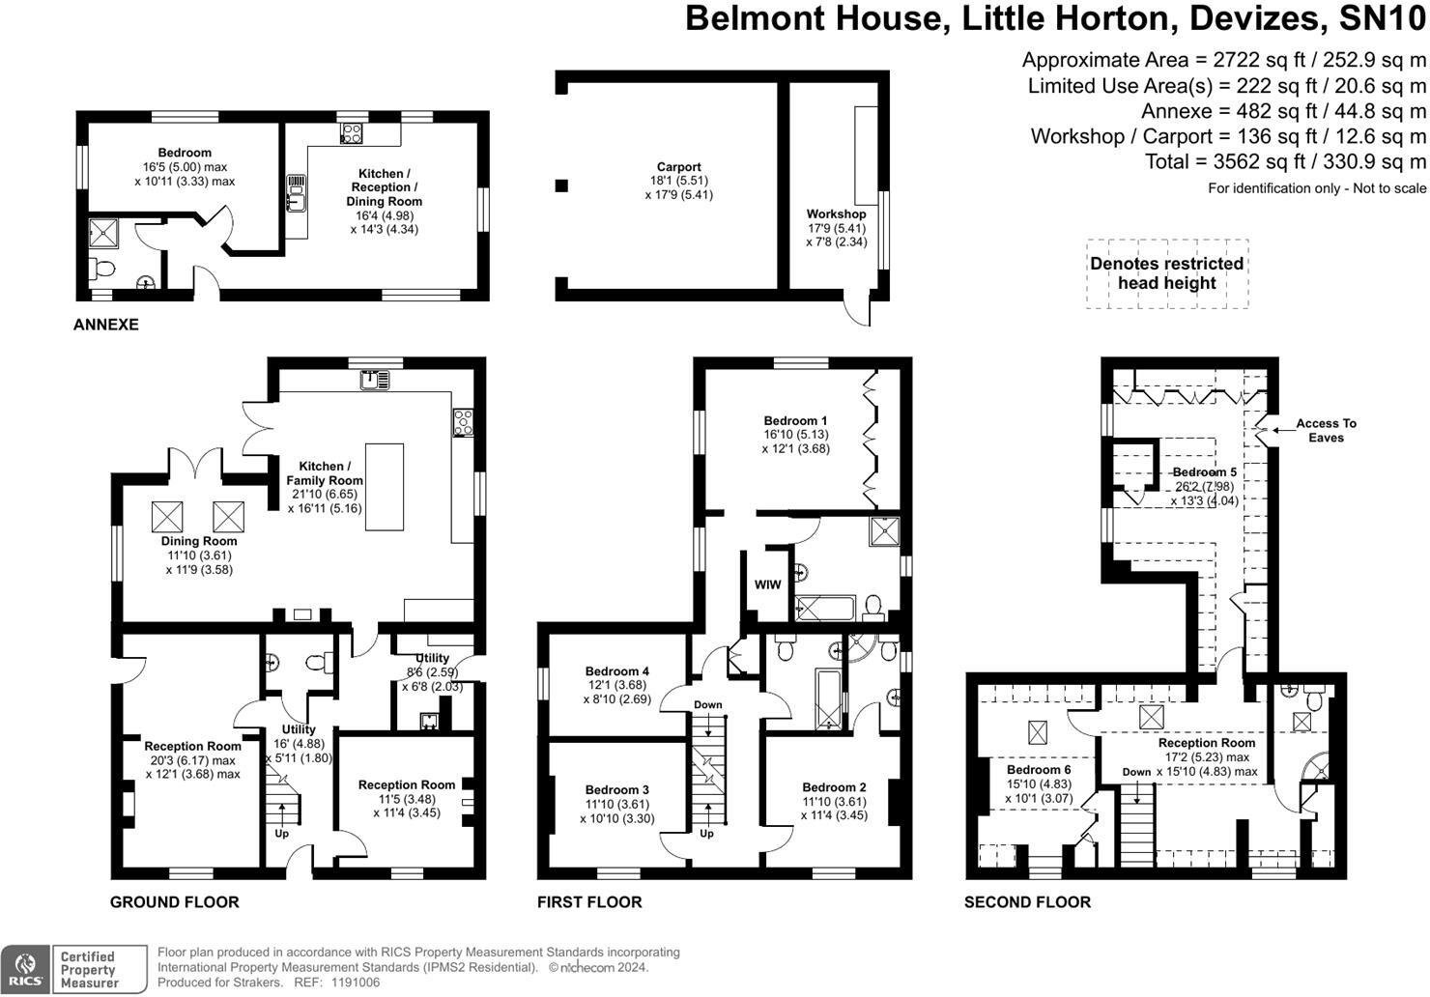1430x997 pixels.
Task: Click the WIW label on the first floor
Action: pyautogui.click(x=767, y=584)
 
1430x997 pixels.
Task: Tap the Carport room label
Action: pyautogui.click(x=678, y=167)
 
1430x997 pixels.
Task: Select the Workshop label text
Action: pyautogui.click(x=836, y=214)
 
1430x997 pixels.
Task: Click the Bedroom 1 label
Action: pyautogui.click(x=795, y=421)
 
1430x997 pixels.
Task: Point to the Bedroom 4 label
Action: pyautogui.click(x=616, y=671)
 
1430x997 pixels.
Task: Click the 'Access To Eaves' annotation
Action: pyautogui.click(x=1326, y=430)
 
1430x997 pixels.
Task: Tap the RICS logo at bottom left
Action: pyautogui.click(x=25, y=969)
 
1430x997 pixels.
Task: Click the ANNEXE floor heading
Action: pyautogui.click(x=105, y=325)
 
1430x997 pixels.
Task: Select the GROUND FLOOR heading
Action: pyautogui.click(x=174, y=902)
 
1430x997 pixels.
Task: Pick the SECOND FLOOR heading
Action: pyautogui.click(x=1027, y=902)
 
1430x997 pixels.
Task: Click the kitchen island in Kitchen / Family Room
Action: pyautogui.click(x=384, y=487)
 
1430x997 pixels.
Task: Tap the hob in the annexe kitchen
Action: pyautogui.click(x=351, y=133)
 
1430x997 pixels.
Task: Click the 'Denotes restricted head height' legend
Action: pyautogui.click(x=1166, y=273)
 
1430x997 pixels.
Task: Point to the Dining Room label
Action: pyautogui.click(x=199, y=541)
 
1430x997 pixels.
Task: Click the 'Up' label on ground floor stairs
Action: pyautogui.click(x=282, y=833)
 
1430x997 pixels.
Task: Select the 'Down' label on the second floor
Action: pyautogui.click(x=1136, y=772)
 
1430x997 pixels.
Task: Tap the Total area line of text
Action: pyautogui.click(x=1285, y=161)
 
